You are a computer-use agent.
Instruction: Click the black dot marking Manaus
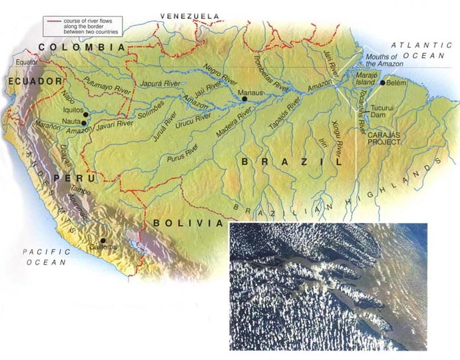[245, 98]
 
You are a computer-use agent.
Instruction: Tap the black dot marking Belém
[382, 83]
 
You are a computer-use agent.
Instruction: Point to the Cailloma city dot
[103, 241]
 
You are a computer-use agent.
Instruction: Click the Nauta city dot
[84, 122]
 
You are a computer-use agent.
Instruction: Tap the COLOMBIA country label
[81, 47]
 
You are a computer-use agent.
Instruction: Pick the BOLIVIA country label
[186, 223]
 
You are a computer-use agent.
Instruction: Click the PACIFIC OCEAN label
[43, 257]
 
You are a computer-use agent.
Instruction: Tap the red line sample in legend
[53, 21]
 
